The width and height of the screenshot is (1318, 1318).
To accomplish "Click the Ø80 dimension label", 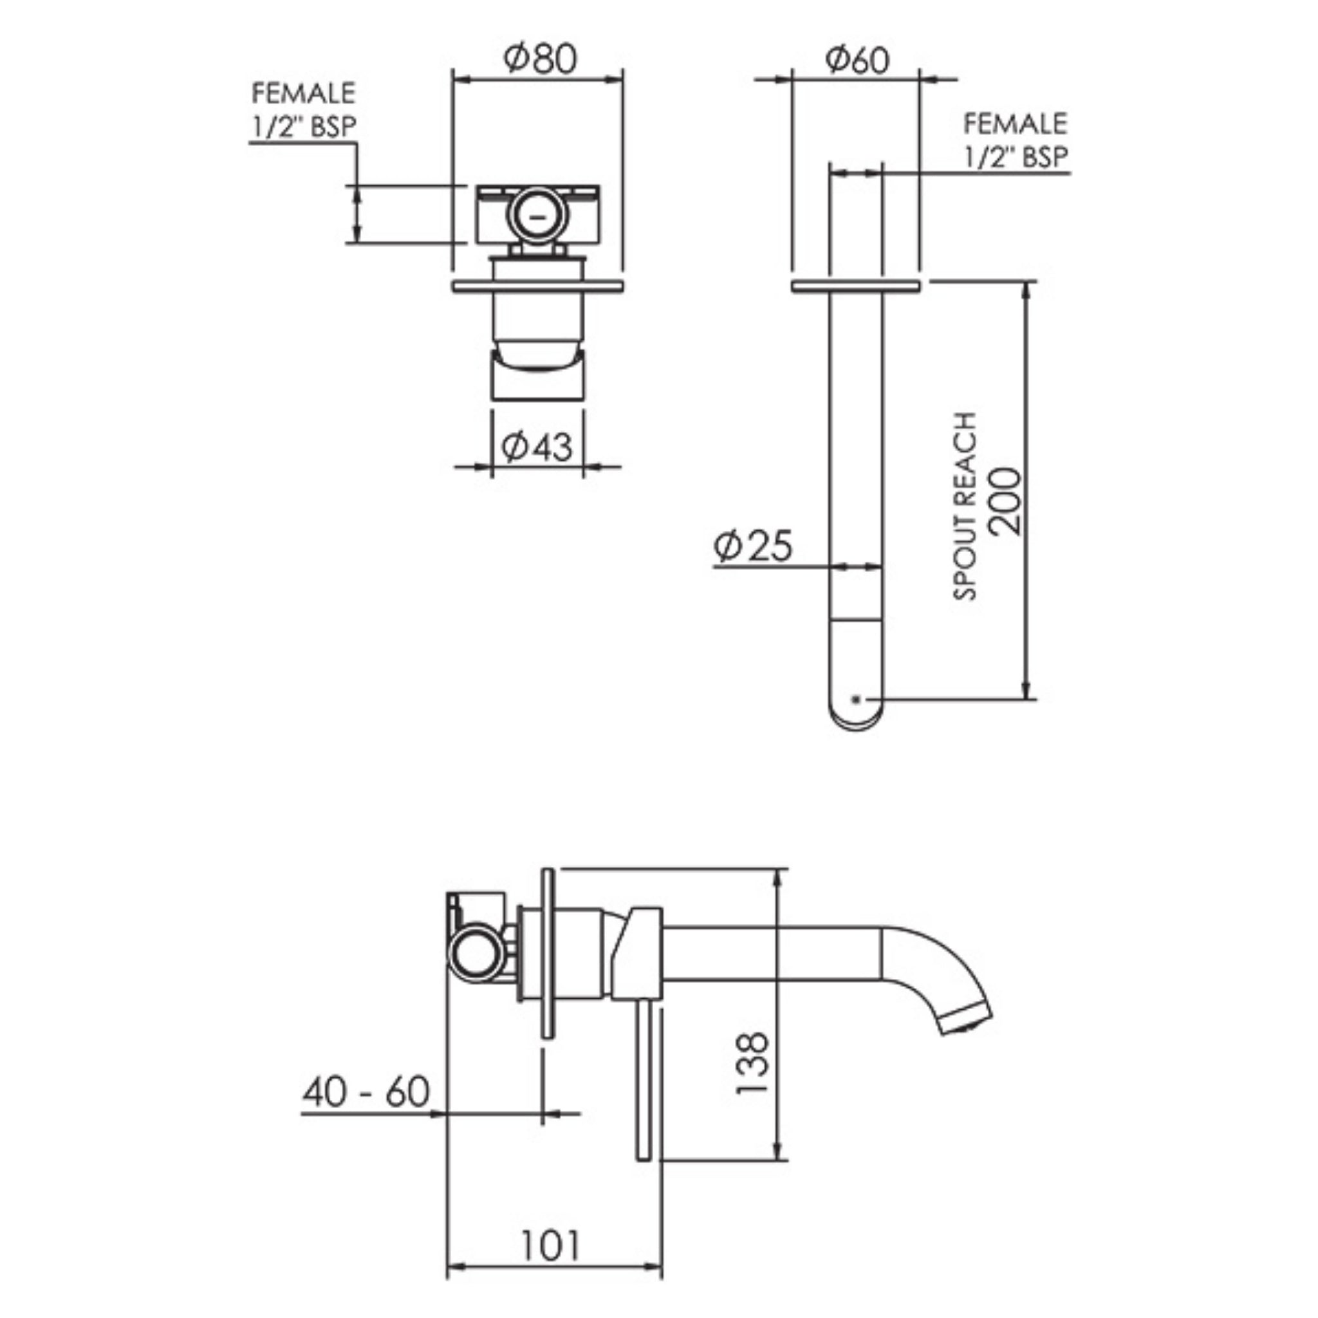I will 539,59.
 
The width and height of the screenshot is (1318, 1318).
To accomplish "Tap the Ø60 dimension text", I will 857,60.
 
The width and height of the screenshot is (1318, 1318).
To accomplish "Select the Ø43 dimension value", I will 537,447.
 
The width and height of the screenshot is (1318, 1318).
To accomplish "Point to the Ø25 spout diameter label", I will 753,546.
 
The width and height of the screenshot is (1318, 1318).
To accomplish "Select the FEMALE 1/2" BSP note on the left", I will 304,110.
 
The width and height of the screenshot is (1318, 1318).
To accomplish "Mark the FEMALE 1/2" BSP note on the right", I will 1015,140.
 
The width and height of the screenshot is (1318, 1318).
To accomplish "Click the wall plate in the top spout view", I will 855,286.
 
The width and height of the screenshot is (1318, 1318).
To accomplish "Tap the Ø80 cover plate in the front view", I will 537,286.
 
